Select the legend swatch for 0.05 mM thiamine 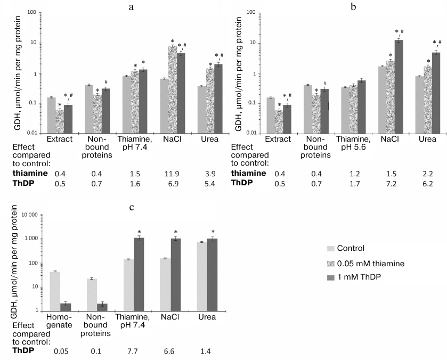tap(330, 263)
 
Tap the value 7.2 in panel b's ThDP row tap(395, 183)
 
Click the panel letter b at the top tap(352, 6)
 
